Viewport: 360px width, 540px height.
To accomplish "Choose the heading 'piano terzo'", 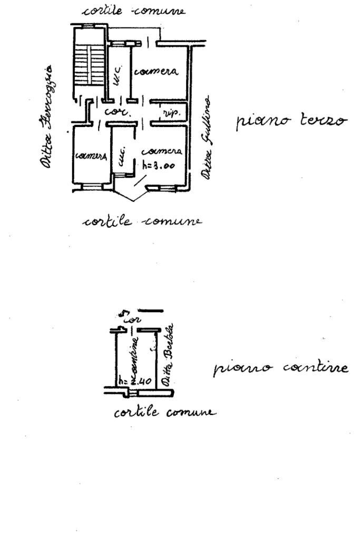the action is point(291,120).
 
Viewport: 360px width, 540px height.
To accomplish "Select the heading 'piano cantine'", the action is point(280,368).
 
